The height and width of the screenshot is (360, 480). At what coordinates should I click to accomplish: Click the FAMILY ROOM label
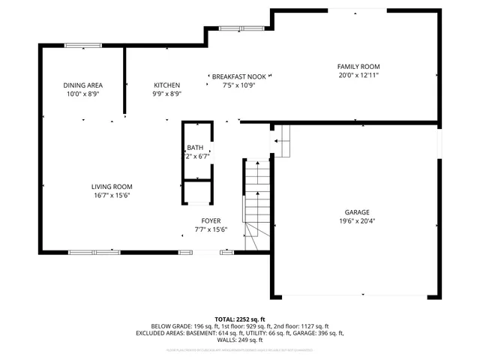click(358, 67)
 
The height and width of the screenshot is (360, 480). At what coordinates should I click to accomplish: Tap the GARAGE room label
click(357, 212)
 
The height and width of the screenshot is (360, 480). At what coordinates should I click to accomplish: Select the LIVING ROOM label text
click(112, 187)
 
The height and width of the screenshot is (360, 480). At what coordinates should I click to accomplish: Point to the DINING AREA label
click(82, 85)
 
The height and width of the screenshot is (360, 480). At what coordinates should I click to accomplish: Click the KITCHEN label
click(166, 85)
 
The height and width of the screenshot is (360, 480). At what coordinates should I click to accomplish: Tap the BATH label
click(195, 148)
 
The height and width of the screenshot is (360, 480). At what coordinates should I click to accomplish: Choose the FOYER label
click(210, 220)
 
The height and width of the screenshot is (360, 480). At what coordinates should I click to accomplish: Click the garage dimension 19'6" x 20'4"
click(357, 221)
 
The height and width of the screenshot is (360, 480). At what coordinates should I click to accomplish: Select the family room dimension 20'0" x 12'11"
click(358, 75)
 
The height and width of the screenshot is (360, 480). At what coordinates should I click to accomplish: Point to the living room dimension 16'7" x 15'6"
click(112, 196)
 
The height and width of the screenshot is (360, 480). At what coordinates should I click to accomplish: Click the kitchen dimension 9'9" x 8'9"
click(166, 94)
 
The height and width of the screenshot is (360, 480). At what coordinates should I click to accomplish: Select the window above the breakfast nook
click(240, 28)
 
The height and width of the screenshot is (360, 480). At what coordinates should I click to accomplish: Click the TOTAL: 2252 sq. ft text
click(239, 319)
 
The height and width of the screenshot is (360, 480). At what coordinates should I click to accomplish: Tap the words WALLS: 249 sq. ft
click(239, 340)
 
